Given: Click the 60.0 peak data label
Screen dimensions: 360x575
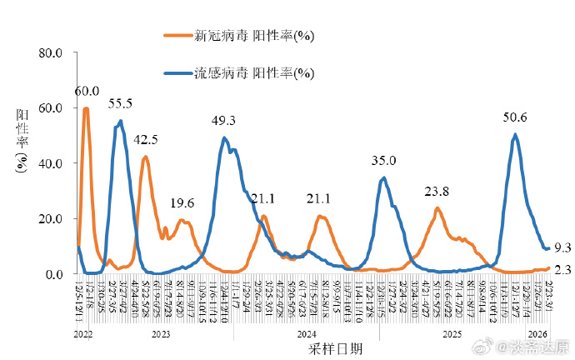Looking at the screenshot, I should click(87, 92).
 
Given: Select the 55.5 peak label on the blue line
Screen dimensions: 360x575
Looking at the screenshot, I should click(121, 103).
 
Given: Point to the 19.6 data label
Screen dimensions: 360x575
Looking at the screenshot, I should click(182, 203).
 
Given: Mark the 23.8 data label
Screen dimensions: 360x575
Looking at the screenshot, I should click(437, 191).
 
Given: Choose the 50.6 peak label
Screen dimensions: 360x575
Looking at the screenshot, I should click(515, 117).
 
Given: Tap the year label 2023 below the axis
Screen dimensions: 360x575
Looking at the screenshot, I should click(160, 334).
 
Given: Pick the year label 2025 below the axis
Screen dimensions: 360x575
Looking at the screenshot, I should click(452, 334).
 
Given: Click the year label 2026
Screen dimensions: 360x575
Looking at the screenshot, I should click(537, 334).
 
